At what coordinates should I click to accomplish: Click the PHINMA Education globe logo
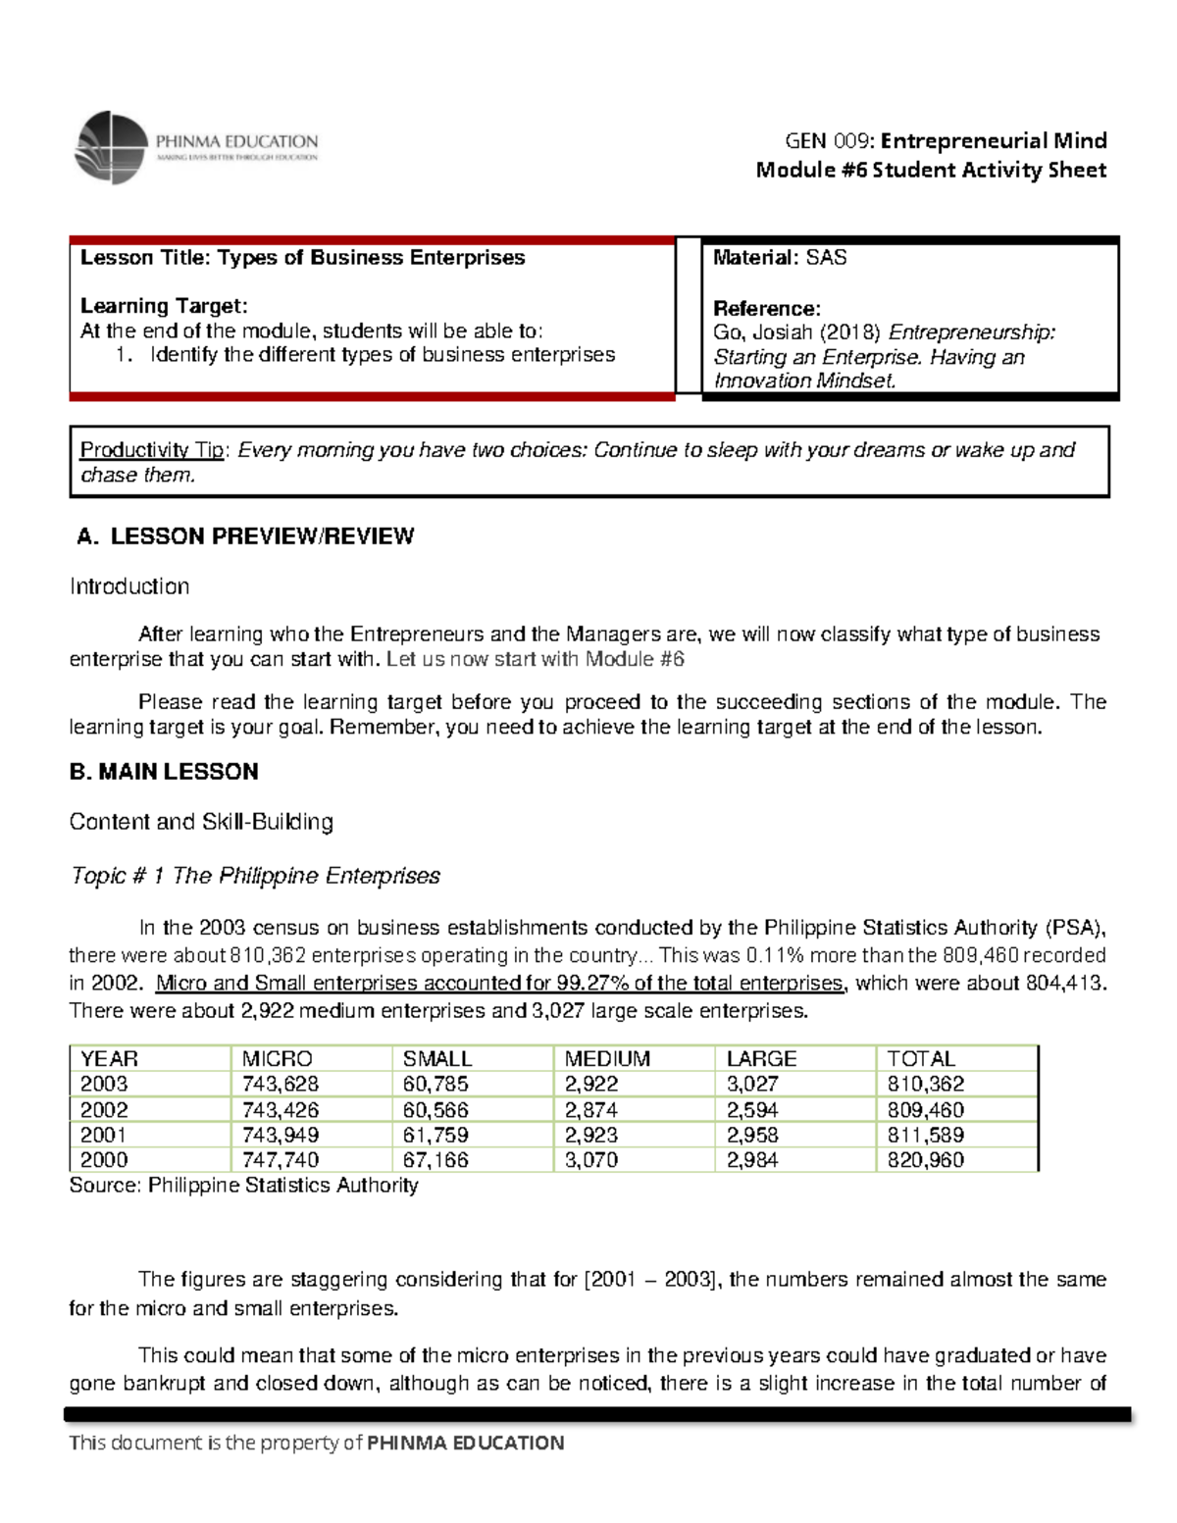coord(112,147)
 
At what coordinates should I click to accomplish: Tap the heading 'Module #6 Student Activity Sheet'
coord(930,170)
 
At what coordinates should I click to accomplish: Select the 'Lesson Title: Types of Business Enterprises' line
coord(302,258)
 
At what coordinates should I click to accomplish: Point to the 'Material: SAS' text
coord(779,258)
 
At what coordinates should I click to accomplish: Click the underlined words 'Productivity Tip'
coord(153,450)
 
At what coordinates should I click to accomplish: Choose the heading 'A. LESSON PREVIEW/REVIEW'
coord(245,536)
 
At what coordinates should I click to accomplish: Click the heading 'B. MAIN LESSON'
coord(164,772)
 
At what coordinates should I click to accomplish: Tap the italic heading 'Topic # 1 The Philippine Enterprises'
coord(255,876)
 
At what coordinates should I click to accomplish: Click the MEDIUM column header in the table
coord(607,1059)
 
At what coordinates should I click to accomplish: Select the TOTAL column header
coord(920,1059)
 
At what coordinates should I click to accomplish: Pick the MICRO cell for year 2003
coord(281,1085)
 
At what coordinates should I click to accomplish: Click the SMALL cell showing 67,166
coord(435,1160)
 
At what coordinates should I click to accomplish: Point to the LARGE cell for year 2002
coord(752,1110)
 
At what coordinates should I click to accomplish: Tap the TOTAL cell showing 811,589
coord(925,1136)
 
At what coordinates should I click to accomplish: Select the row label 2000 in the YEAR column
coord(104,1160)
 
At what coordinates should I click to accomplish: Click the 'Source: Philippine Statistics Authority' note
coord(243,1186)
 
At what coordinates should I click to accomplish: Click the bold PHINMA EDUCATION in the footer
coord(465,1443)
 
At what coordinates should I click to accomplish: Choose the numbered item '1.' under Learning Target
coord(124,355)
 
